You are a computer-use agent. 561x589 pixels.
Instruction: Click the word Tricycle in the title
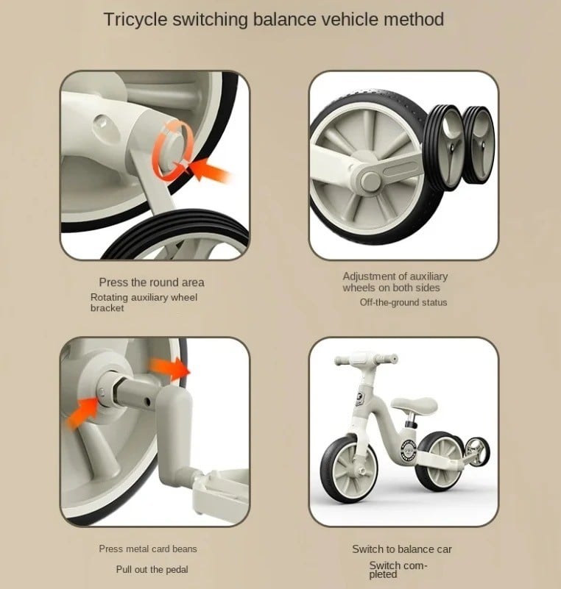(x=135, y=20)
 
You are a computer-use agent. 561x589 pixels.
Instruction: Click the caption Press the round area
(x=152, y=282)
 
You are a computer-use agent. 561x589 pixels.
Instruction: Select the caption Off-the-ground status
(x=403, y=302)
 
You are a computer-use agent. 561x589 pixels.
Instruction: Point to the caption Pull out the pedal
(x=152, y=569)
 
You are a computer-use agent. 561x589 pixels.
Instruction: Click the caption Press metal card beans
(x=148, y=549)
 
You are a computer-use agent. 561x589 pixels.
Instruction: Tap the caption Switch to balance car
(x=402, y=549)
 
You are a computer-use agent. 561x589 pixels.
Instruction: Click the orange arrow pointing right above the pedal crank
(x=170, y=368)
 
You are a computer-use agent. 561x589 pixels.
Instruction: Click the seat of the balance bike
(x=414, y=405)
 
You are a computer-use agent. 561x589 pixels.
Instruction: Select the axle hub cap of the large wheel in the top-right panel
(x=370, y=181)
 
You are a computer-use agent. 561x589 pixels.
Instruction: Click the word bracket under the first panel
(x=107, y=308)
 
